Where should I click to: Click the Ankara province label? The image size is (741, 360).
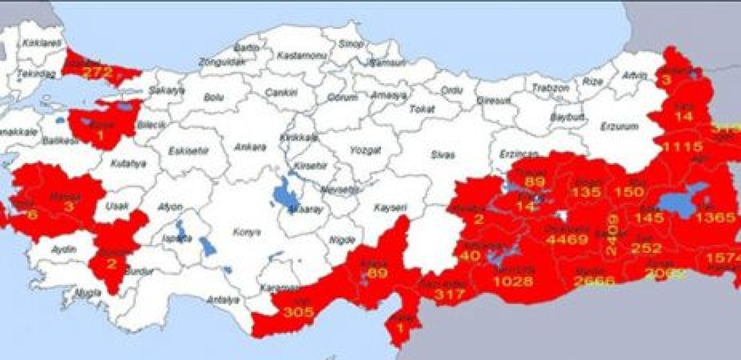point(250,147)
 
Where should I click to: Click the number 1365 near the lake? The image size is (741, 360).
point(716,218)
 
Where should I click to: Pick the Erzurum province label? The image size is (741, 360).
point(619,126)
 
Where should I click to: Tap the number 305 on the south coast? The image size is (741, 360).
point(299,312)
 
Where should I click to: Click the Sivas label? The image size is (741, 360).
point(443,155)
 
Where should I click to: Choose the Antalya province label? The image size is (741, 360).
point(223,300)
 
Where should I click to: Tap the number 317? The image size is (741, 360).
point(449,294)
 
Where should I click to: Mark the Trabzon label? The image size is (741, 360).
point(551,89)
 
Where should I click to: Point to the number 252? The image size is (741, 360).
point(646,248)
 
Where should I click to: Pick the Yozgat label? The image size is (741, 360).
point(365,150)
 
